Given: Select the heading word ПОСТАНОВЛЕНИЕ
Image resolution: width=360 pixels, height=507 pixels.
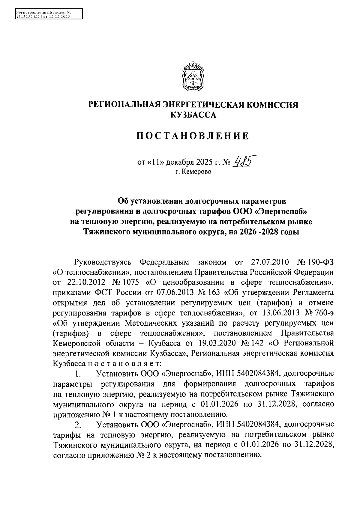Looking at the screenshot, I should (193, 136).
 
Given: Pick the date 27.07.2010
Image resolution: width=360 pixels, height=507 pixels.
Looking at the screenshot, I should (269, 262).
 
